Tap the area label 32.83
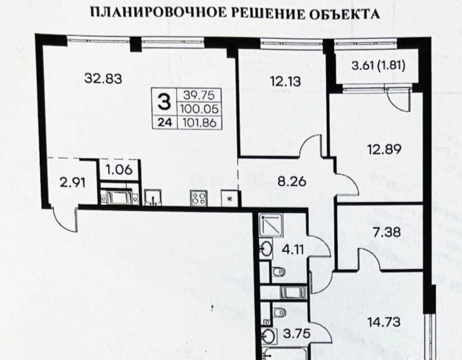point(103,78)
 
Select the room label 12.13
point(285,81)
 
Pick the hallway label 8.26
point(292,182)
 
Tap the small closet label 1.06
point(119,170)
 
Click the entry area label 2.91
point(73,183)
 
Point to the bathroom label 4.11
point(293,250)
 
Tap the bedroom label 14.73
point(384,322)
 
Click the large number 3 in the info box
point(164,102)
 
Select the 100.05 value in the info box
point(199,109)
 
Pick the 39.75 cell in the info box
point(199,95)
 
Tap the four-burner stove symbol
point(199,198)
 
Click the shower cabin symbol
point(271,226)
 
